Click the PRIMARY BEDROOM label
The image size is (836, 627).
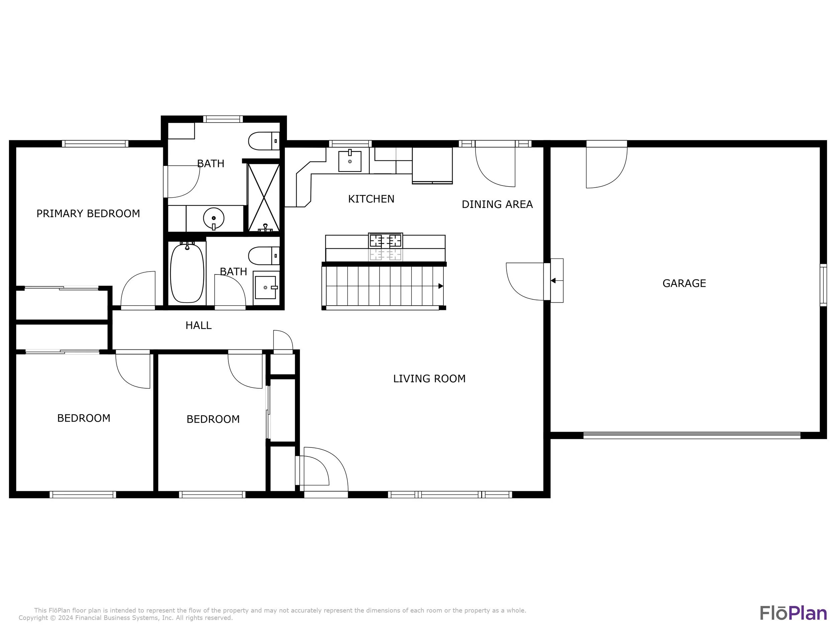pos(88,214)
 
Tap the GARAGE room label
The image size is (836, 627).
pos(684,283)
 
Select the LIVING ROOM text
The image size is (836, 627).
pos(429,378)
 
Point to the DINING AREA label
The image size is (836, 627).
pos(497,204)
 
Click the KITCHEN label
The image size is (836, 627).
pos(371,199)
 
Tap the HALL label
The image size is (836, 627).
pos(198,325)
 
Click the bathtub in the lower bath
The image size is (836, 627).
pos(187,273)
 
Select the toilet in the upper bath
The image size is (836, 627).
pos(264,141)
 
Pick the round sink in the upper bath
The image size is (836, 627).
pos(214,218)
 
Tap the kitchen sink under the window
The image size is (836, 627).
pos(349,161)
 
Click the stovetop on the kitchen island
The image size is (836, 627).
pos(386,241)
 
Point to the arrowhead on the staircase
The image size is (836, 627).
pos(441,286)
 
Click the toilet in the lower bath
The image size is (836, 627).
pos(264,256)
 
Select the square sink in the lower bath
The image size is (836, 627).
pos(266,288)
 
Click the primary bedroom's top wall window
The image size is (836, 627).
pos(95,143)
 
